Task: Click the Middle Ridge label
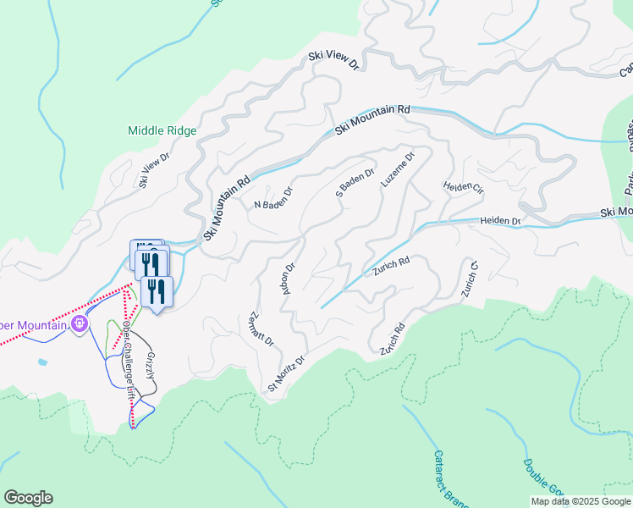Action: [x=162, y=130]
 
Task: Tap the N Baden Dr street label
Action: [x=272, y=198]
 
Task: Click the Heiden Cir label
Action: [x=461, y=190]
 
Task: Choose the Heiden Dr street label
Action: [x=500, y=221]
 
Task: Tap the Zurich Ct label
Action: [x=470, y=279]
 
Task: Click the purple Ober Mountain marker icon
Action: [x=80, y=323]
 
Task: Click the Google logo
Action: [x=28, y=498]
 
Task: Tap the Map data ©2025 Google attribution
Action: [x=580, y=501]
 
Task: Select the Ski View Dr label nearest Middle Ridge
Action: [x=155, y=169]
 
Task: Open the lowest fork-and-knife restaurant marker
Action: [x=156, y=292]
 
